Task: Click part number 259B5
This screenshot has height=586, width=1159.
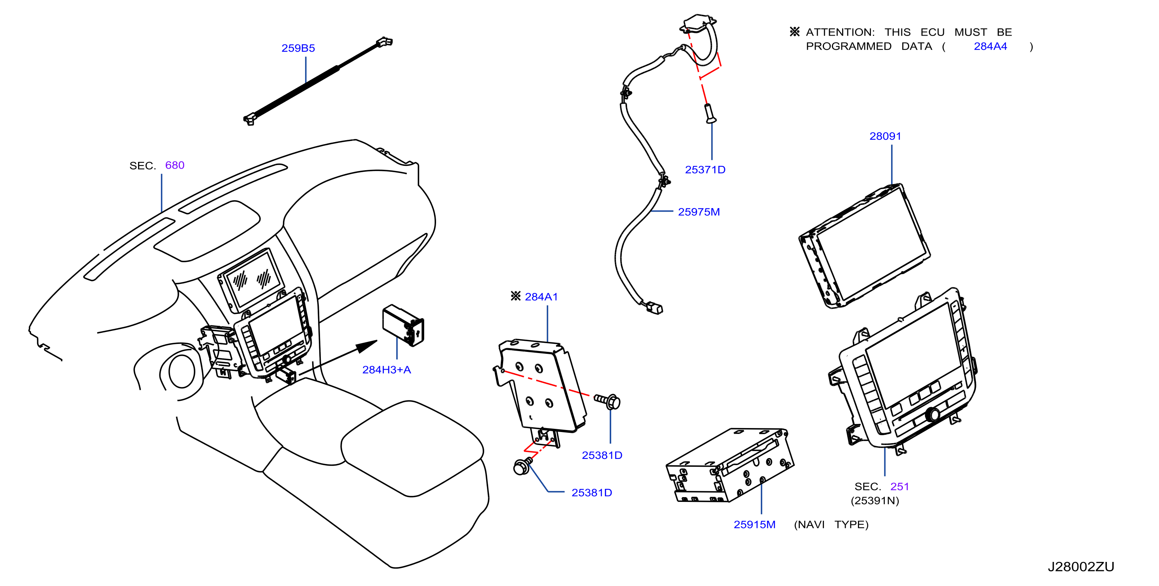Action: point(298,48)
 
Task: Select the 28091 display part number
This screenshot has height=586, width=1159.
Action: point(885,136)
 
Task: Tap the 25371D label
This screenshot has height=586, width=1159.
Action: point(705,170)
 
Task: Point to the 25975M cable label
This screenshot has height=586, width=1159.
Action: point(699,212)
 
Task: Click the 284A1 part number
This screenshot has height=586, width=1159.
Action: point(541,297)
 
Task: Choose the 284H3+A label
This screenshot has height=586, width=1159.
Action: point(386,370)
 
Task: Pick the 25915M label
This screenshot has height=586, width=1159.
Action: point(755,525)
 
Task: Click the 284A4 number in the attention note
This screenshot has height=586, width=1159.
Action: point(990,46)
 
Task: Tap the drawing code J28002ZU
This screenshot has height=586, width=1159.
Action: point(1081,567)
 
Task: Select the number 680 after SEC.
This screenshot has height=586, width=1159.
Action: point(174,165)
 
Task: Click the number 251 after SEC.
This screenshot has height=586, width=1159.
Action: point(899,486)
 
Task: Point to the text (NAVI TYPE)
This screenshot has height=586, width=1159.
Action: point(831,525)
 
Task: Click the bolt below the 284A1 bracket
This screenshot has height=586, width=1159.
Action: point(523,466)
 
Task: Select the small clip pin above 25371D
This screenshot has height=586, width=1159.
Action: point(710,113)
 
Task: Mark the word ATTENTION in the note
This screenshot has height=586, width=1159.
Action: point(840,32)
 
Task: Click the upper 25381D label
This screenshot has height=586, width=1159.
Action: point(602,455)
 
